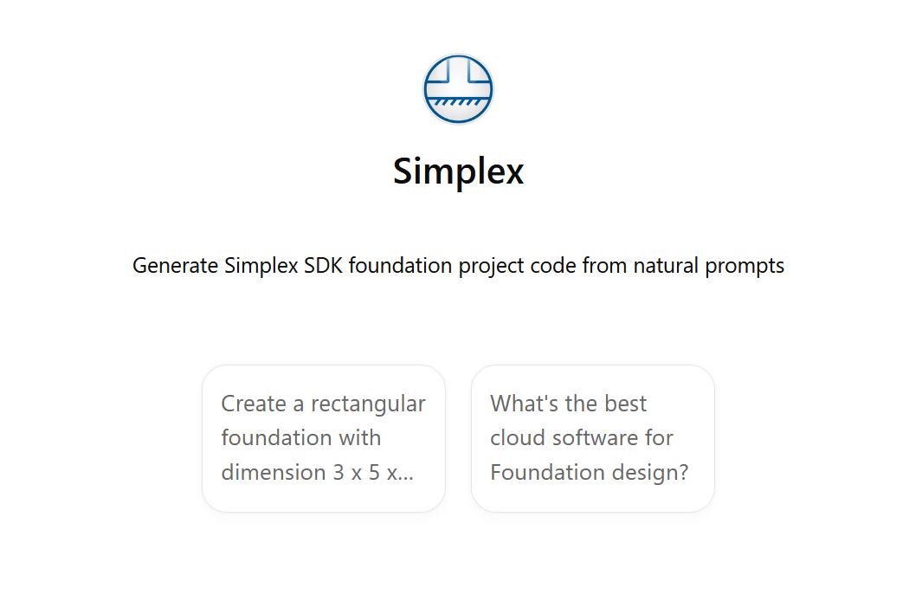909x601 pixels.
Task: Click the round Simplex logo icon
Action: [x=458, y=88]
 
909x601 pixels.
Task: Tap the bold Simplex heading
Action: [x=458, y=171]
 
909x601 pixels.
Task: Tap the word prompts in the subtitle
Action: [x=745, y=265]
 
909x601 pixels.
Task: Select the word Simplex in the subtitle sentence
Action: [x=261, y=265]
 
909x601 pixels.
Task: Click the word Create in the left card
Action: [x=254, y=404]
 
